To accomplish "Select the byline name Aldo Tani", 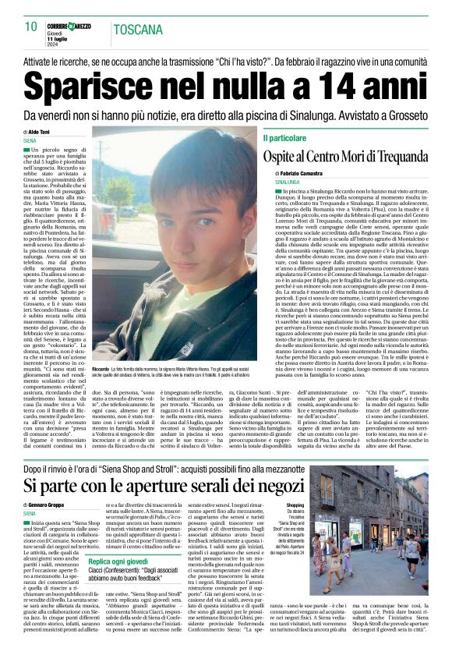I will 41,133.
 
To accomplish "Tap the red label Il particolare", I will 285,137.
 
